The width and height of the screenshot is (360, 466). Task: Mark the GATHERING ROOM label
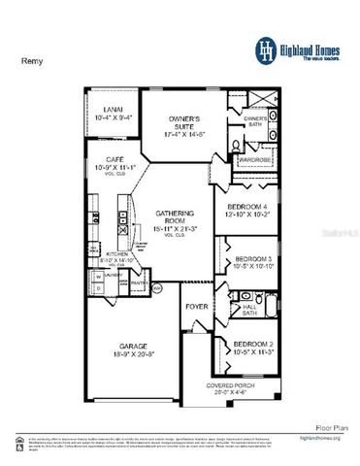(177, 216)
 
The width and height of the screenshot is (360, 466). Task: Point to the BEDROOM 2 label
(253, 345)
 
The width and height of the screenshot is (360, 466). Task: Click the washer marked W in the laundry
(98, 275)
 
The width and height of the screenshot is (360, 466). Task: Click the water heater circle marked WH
(158, 288)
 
